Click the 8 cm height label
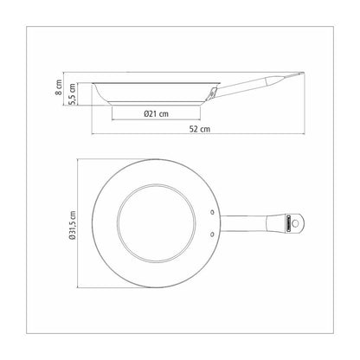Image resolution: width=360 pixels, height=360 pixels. tap(59, 87)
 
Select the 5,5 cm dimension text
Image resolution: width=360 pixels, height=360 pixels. tap(72, 94)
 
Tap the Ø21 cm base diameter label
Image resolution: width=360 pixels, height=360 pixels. tap(156, 113)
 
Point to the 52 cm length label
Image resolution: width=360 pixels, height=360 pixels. tap(200, 129)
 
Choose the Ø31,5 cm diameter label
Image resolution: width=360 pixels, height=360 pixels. tap(72, 225)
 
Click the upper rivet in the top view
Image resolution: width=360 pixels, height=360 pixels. tap(213, 212)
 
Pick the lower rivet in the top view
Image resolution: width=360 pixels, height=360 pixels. tap(213, 235)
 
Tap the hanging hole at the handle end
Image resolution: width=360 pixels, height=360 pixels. tap(295, 223)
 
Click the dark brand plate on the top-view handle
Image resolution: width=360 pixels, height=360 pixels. tap(288, 223)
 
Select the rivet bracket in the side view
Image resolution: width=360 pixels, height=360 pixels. tap(212, 93)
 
